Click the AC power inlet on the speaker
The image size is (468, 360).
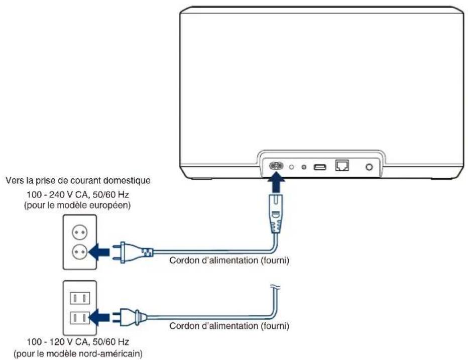pos(276,166)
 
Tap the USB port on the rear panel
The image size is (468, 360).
pos(320,167)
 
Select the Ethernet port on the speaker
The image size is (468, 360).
pos(342,165)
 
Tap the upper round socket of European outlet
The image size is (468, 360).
pos(80,232)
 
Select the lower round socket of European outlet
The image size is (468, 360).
pos(80,252)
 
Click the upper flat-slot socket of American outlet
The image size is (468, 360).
pos(80,298)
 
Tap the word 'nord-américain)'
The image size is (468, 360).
pos(110,354)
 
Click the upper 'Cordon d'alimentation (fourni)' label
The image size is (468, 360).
pos(229,260)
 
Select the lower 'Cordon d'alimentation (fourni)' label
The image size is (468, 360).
pos(229,326)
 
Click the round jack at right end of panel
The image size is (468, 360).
pos(369,167)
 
